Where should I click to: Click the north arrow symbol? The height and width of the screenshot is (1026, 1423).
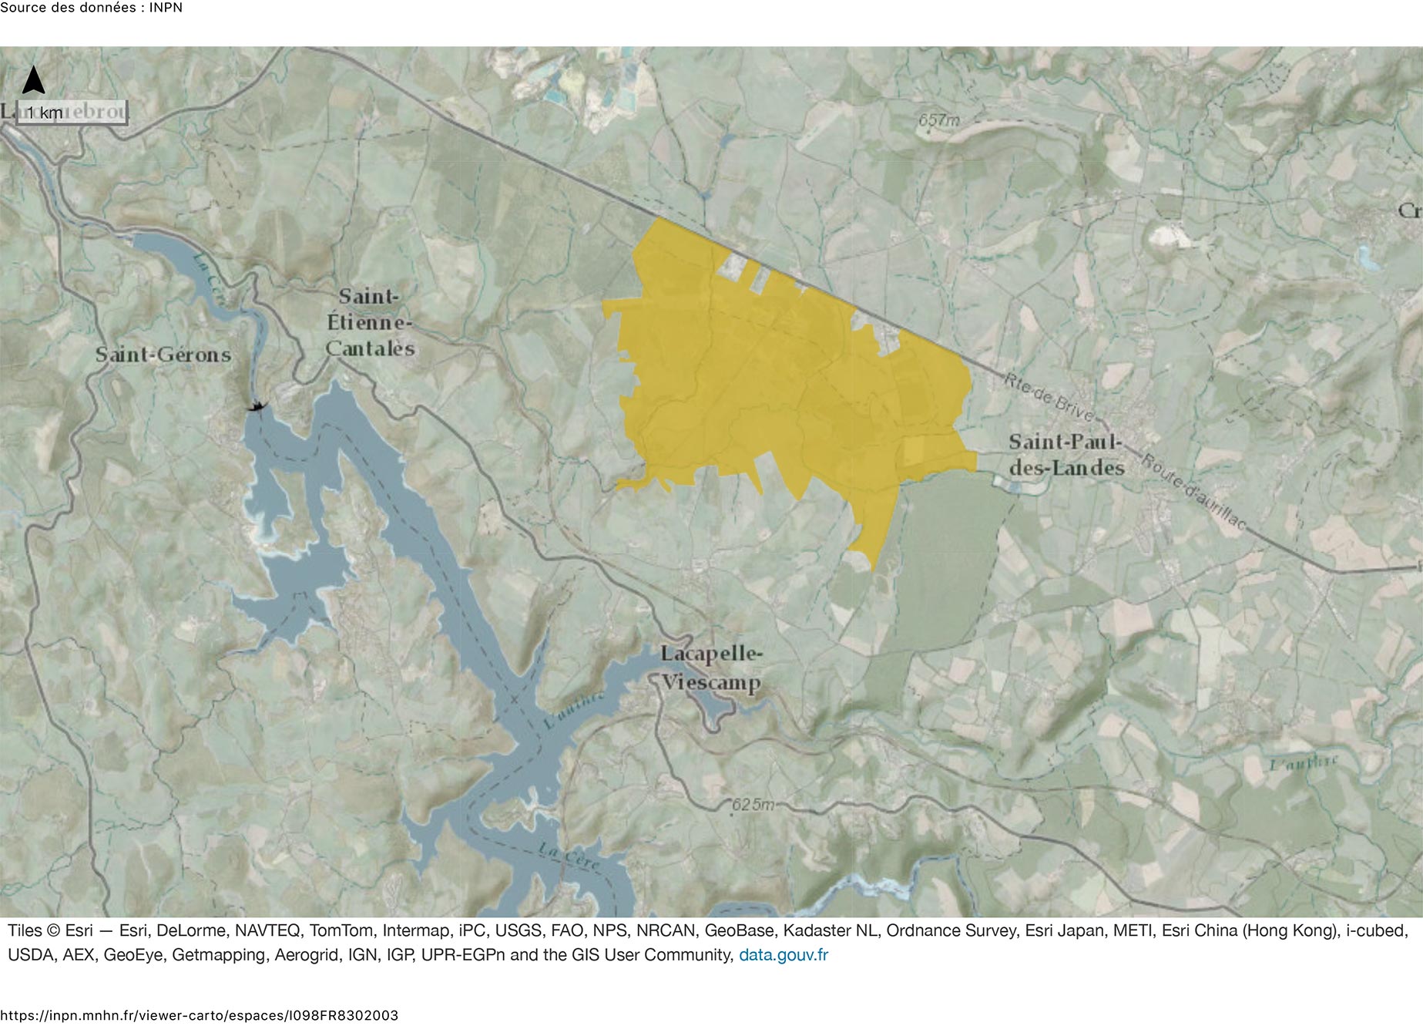pyautogui.click(x=33, y=79)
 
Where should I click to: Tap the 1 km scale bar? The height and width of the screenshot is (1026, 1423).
pyautogui.click(x=72, y=113)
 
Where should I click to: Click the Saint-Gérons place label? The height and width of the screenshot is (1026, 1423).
pyautogui.click(x=163, y=355)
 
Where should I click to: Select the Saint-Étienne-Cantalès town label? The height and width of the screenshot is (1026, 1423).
pyautogui.click(x=370, y=322)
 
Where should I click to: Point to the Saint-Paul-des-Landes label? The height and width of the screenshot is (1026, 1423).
pyautogui.click(x=1066, y=455)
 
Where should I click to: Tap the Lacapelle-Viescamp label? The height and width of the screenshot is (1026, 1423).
pyautogui.click(x=710, y=668)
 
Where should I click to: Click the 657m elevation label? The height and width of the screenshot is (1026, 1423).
pyautogui.click(x=939, y=120)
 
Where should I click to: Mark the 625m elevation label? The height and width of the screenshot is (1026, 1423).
pyautogui.click(x=752, y=805)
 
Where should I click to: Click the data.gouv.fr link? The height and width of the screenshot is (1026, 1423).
pyautogui.click(x=783, y=955)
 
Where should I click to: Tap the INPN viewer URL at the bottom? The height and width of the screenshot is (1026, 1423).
pyautogui.click(x=200, y=1015)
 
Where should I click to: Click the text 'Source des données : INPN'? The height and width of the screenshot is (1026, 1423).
pyautogui.click(x=91, y=8)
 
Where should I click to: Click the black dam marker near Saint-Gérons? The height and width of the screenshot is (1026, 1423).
pyautogui.click(x=256, y=405)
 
